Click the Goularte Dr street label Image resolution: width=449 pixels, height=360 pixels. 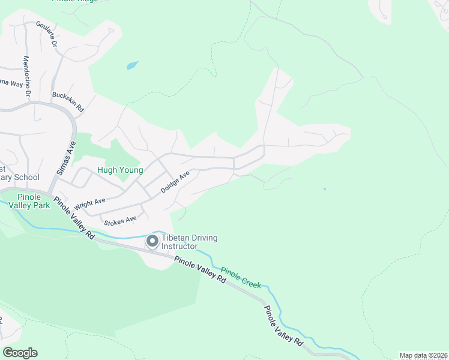point(46,34)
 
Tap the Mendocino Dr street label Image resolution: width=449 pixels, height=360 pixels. point(26,76)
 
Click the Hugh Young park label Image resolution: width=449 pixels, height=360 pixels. point(120,170)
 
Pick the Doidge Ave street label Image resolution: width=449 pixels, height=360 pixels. point(175,182)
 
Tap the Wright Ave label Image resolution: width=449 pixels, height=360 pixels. point(90,204)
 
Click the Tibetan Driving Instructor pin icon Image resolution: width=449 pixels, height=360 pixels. point(152,241)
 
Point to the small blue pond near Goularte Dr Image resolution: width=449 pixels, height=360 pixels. point(132,65)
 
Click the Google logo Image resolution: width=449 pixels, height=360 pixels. point(20,353)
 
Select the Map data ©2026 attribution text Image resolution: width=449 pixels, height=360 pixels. point(423,355)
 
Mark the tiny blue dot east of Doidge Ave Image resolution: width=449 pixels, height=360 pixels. point(325,190)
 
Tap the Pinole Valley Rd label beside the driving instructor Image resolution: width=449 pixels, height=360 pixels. point(200,270)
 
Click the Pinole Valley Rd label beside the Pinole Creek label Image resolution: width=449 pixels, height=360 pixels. point(283,325)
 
